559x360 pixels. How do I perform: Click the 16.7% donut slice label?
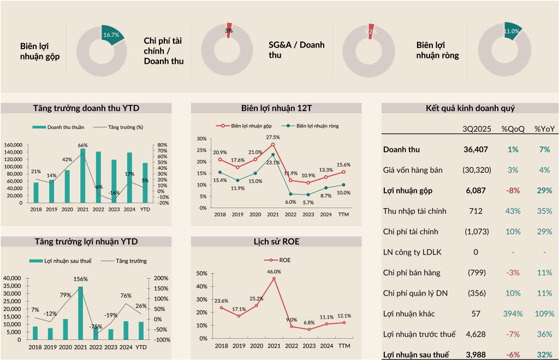tap(111, 35)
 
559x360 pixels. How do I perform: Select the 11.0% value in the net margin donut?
tap(511, 32)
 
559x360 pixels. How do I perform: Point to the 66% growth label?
tap(83, 145)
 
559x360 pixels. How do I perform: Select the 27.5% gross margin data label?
tap(272, 137)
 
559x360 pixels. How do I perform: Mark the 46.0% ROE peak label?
tap(273, 272)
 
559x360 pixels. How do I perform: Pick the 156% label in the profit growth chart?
tap(81, 279)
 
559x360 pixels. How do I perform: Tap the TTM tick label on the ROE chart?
tap(344, 346)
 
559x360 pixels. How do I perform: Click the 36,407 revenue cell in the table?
tap(476, 149)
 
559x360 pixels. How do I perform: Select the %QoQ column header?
tap(513, 129)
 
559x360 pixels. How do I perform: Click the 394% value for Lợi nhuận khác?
tap(513, 314)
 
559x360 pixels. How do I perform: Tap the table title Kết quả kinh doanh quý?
tap(469, 108)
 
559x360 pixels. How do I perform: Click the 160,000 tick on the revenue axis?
tap(13, 145)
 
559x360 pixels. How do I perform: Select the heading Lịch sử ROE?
tap(276, 241)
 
